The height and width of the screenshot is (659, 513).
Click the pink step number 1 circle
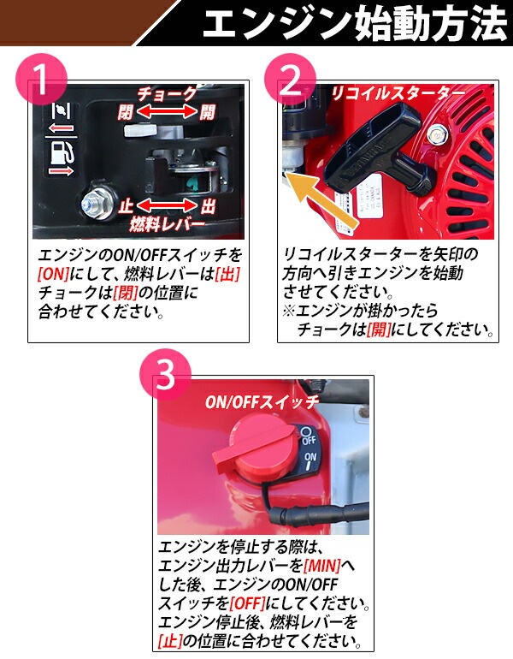click(41, 80)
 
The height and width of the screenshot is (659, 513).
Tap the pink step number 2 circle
click(290, 80)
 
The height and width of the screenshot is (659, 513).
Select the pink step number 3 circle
click(165, 374)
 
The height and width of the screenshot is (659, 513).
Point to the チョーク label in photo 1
click(167, 94)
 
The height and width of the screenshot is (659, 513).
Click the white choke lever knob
click(140, 130)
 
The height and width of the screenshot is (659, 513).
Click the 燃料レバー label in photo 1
click(167, 224)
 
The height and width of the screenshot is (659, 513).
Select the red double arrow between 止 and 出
click(167, 206)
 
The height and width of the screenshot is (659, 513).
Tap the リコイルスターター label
click(398, 94)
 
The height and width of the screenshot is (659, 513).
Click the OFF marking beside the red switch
click(308, 440)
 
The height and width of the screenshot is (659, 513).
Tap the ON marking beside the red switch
click(310, 457)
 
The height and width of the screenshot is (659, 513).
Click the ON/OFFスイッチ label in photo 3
click(262, 402)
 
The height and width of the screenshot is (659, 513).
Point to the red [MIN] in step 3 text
click(322, 566)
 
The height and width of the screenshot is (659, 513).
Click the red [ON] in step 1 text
click(53, 275)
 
